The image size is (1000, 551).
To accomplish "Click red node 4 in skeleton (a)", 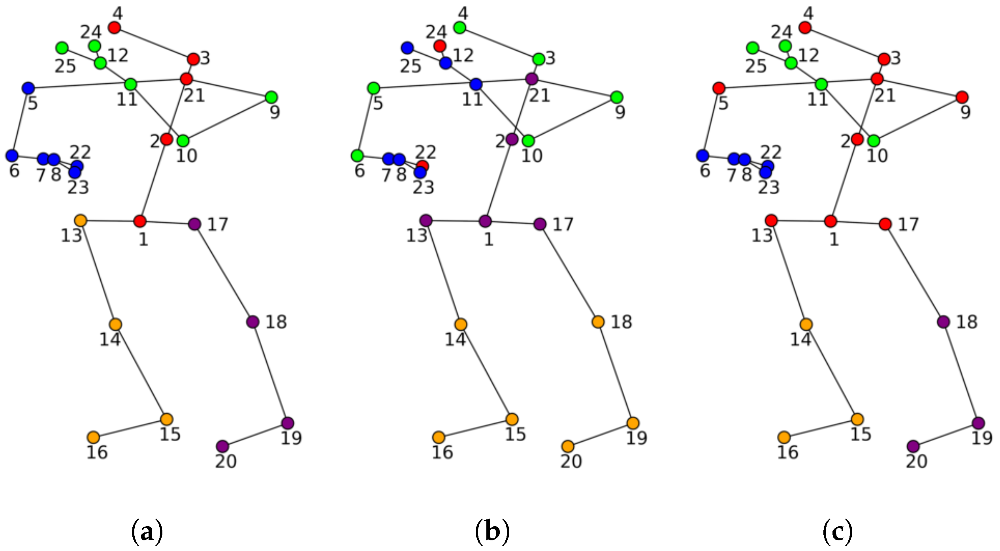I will [x=114, y=28].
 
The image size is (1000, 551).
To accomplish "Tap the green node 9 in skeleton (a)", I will [x=271, y=97].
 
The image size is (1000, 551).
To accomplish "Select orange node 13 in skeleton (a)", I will [x=81, y=220].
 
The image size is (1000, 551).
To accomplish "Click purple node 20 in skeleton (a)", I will [x=222, y=446].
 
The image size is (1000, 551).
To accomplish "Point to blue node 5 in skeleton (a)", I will [x=28, y=88].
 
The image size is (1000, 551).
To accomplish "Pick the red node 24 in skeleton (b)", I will [x=440, y=46].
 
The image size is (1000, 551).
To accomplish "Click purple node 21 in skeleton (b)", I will [x=532, y=79].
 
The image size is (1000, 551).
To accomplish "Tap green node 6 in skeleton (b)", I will [x=357, y=156].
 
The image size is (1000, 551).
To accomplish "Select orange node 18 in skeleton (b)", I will [x=598, y=322].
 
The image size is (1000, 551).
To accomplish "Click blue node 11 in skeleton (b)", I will [x=476, y=84].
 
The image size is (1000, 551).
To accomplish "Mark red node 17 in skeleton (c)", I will [x=885, y=224].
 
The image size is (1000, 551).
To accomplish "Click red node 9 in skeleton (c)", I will [x=962, y=97].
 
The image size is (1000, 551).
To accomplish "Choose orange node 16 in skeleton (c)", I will [x=784, y=437].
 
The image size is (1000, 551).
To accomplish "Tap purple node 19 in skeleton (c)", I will [x=978, y=423].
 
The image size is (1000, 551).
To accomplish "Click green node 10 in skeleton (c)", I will [x=874, y=141].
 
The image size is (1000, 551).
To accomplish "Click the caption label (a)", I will [x=147, y=532].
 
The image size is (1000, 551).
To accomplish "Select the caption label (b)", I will [x=492, y=532].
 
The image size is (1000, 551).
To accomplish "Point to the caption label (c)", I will [x=838, y=532].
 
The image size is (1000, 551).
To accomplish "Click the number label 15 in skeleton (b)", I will [x=516, y=434].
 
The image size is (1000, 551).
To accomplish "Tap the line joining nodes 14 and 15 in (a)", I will [x=141, y=372].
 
